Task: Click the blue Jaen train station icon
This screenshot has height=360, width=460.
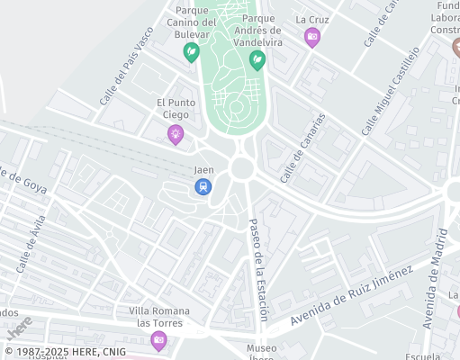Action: [203, 186]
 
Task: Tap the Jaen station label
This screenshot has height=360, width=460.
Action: [203, 169]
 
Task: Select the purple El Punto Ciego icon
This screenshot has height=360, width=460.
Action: [176, 134]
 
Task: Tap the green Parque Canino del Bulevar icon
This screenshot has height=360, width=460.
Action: [191, 52]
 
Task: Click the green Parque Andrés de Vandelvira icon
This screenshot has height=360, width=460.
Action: [257, 59]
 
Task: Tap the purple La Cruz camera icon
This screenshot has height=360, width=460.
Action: [312, 37]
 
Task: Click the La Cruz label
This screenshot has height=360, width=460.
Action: [312, 19]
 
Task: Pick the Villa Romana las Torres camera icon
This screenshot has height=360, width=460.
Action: [159, 339]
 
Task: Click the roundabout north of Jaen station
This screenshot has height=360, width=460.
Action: [241, 168]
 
